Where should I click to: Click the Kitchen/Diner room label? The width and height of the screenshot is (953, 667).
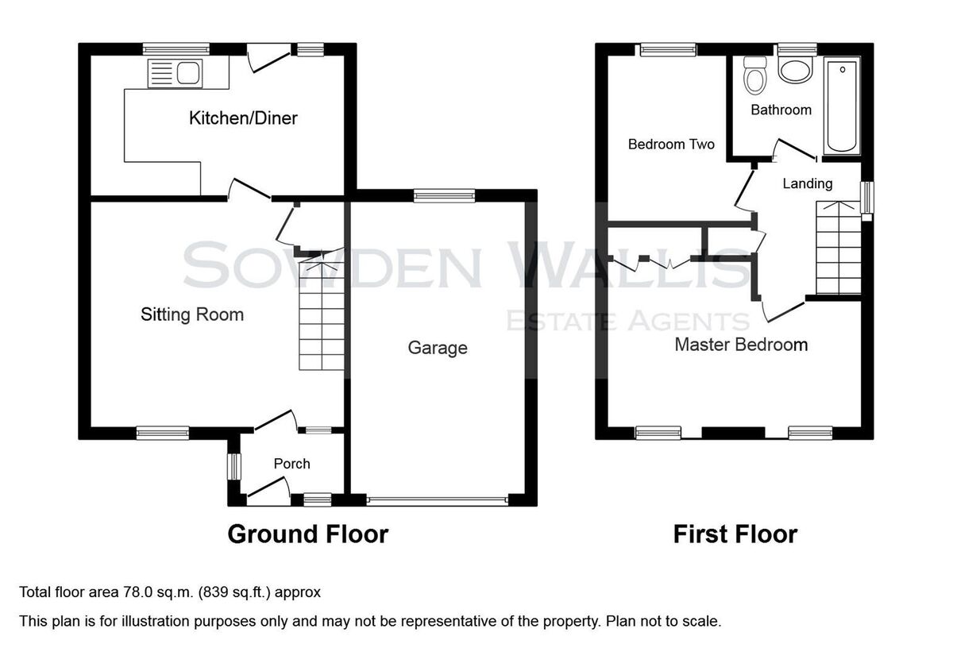[243, 118]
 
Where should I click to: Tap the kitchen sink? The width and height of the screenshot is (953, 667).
[175, 74]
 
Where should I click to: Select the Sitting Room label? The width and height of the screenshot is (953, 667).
[192, 315]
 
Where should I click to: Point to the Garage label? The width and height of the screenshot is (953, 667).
[438, 348]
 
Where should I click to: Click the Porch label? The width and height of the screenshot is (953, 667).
[292, 464]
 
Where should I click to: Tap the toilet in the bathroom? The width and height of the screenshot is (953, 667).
[755, 75]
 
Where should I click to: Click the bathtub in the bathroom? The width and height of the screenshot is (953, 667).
[842, 105]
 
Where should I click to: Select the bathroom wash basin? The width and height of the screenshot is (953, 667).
[795, 70]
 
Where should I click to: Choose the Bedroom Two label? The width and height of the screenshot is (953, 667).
[671, 145]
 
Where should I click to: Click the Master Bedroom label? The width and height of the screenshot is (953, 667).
[741, 345]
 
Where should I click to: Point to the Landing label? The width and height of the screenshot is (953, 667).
[808, 183]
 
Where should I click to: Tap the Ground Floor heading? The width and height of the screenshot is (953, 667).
[308, 534]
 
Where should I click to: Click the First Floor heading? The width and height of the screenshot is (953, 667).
[735, 534]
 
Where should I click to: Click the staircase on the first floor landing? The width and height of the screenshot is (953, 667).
[839, 248]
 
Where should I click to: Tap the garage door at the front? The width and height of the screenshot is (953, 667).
[438, 500]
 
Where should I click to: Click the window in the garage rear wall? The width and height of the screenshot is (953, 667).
[444, 195]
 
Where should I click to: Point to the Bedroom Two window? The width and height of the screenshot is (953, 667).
[668, 50]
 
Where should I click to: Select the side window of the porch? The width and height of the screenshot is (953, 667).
[234, 466]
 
